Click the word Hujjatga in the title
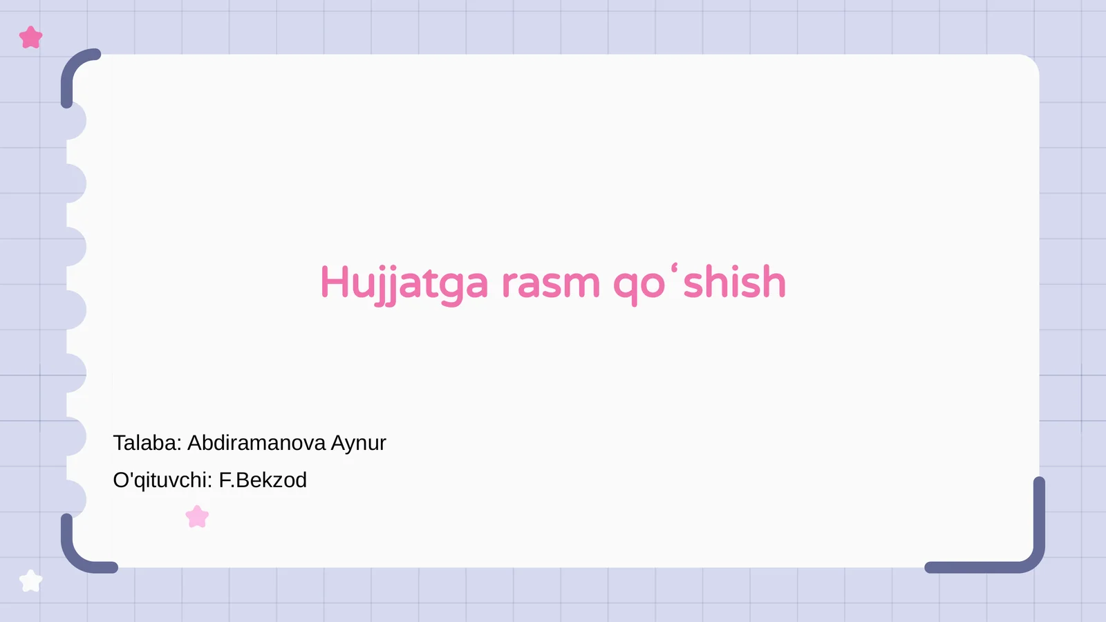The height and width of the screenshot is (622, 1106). (x=404, y=283)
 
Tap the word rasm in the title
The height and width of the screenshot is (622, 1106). (x=550, y=283)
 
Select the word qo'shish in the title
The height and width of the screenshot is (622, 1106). (x=700, y=283)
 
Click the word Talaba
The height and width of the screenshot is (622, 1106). (x=146, y=443)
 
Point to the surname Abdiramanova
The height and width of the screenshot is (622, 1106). (x=256, y=443)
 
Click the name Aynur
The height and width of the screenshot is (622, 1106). (x=358, y=443)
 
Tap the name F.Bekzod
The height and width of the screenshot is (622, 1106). (x=263, y=480)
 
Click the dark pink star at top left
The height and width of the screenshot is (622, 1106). (x=31, y=37)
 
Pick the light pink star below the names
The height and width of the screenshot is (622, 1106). (x=197, y=517)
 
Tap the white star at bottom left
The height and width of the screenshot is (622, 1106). (x=31, y=581)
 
